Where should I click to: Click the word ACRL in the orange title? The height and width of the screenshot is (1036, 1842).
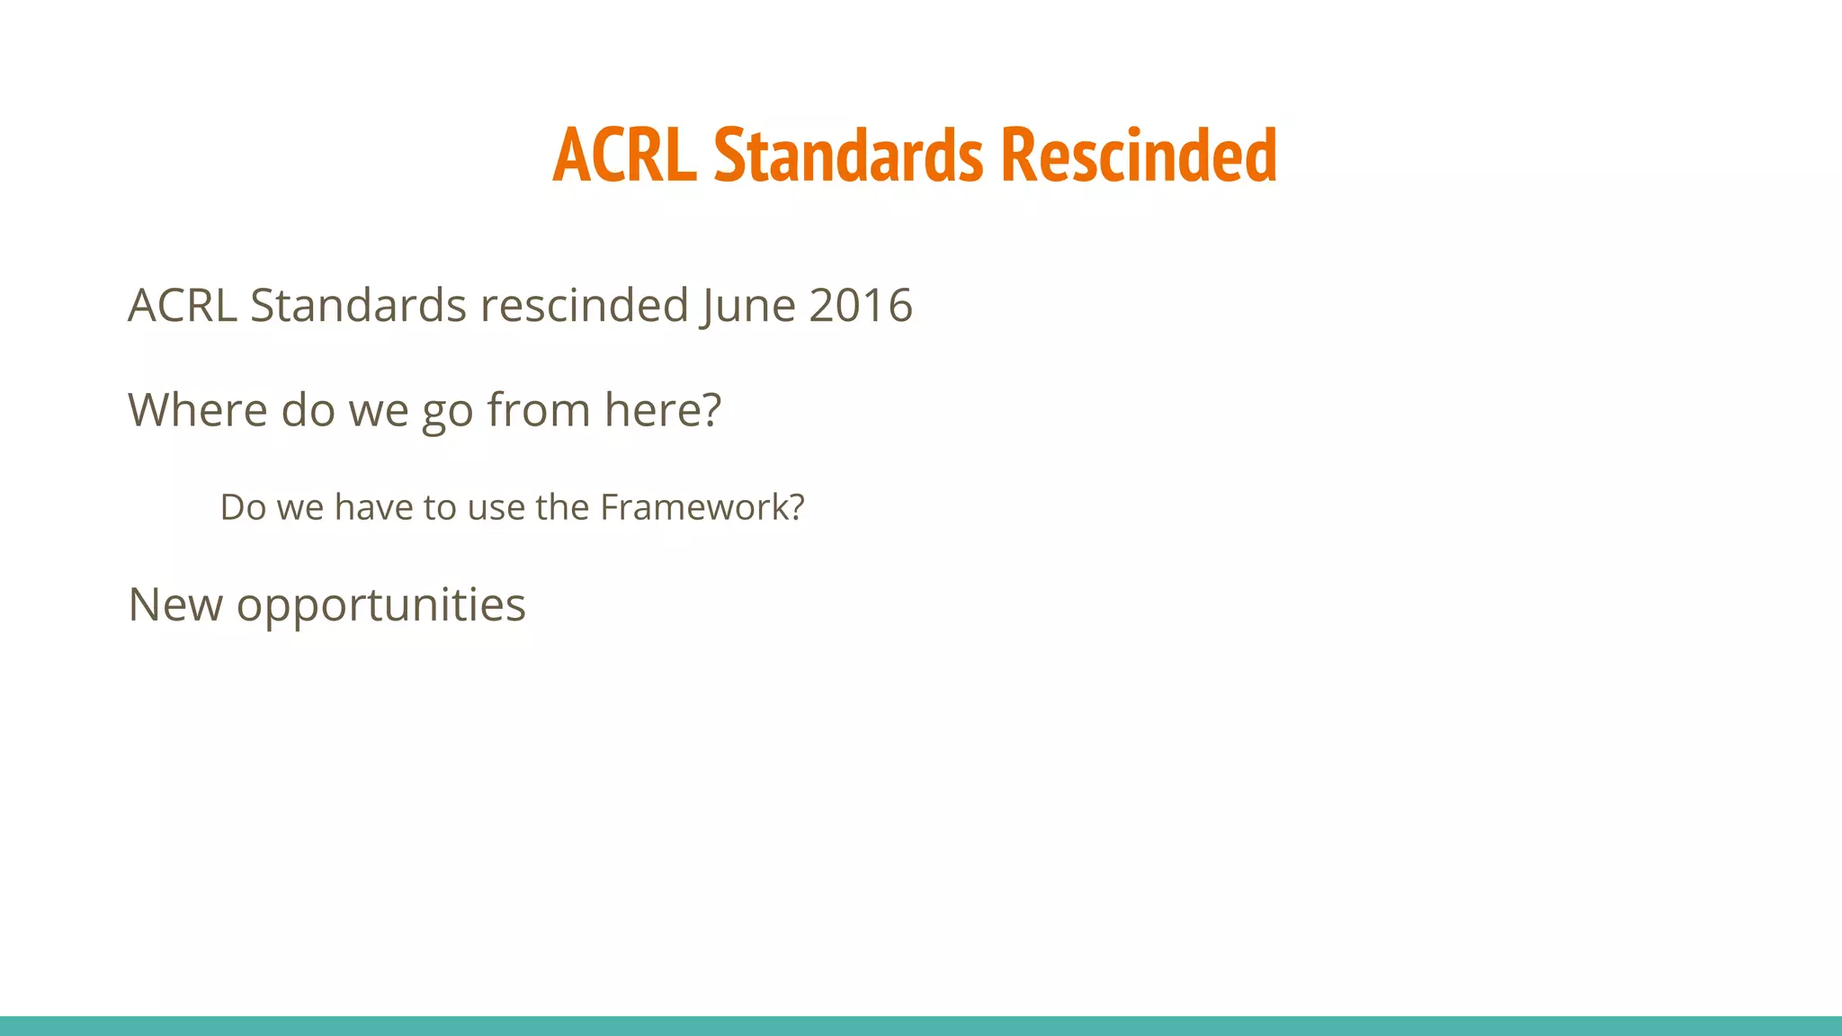pyautogui.click(x=624, y=155)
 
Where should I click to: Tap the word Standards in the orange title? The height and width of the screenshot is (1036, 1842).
pyautogui.click(x=848, y=155)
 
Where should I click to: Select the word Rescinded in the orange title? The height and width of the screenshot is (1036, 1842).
pyautogui.click(x=1138, y=155)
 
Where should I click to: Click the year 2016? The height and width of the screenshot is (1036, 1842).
pyautogui.click(x=861, y=306)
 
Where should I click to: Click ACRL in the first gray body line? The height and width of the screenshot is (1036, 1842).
pyautogui.click(x=182, y=306)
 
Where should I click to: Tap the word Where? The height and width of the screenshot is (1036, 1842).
pyautogui.click(x=197, y=410)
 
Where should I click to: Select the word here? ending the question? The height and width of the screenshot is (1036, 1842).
pyautogui.click(x=663, y=410)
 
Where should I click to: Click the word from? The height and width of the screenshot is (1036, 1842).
pyautogui.click(x=538, y=410)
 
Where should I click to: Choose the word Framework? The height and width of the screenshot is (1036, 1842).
pyautogui.click(x=702, y=507)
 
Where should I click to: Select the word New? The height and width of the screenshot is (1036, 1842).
pyautogui.click(x=174, y=604)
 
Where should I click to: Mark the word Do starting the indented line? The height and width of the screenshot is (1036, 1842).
pyautogui.click(x=243, y=507)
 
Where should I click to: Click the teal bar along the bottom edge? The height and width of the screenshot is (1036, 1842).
pyautogui.click(x=921, y=1026)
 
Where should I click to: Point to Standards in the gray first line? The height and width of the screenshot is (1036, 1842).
pyautogui.click(x=358, y=306)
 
